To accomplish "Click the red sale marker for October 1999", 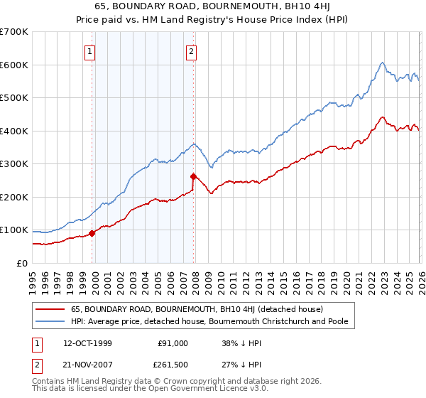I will (x=92, y=232).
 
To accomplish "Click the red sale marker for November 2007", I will (x=194, y=176).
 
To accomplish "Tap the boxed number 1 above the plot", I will (x=91, y=50).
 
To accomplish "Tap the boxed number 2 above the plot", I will (x=192, y=50).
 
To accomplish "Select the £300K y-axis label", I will (x=14, y=164).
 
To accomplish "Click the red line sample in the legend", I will (x=50, y=310).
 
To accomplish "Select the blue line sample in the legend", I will (x=50, y=322).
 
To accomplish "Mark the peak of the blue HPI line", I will (x=382, y=63).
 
